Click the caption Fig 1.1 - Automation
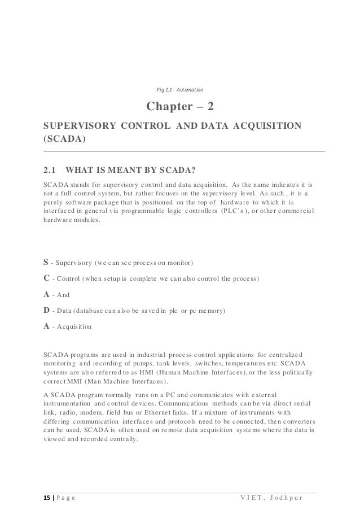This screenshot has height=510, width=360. click(179, 89)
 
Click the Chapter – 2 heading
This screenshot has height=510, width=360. click(180, 107)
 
